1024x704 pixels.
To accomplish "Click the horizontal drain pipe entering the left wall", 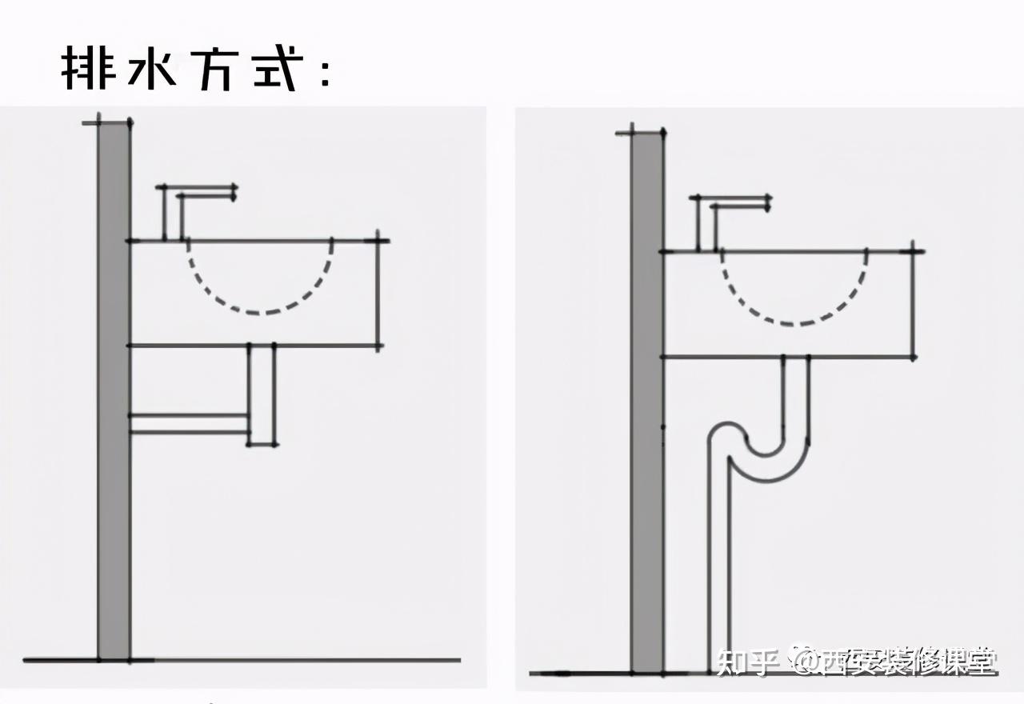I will [189, 424].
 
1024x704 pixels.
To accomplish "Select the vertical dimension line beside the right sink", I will [914, 304].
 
